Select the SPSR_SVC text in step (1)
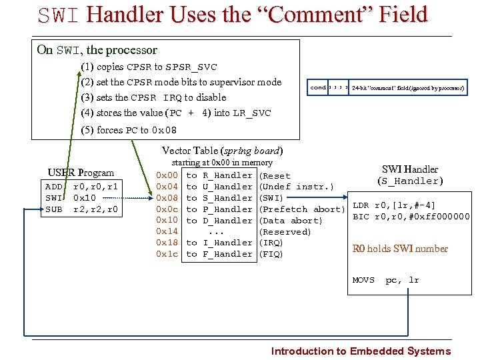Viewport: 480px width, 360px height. click(x=191, y=67)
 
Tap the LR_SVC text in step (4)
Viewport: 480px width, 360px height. click(x=252, y=113)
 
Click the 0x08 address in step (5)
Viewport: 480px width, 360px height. click(x=165, y=131)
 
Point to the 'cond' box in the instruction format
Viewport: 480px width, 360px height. click(x=318, y=87)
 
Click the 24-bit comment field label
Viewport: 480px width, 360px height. click(x=407, y=87)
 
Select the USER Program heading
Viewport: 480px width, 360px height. click(x=81, y=173)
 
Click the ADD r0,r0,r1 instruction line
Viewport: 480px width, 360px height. click(x=81, y=187)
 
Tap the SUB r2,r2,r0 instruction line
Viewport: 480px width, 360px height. click(x=81, y=209)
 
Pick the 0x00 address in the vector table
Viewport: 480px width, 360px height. click(x=166, y=175)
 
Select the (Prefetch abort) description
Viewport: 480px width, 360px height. click(x=301, y=209)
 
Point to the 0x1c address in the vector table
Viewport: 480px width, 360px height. click(x=166, y=254)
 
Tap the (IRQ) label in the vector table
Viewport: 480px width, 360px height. click(x=271, y=243)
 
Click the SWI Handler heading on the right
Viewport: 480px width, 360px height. click(x=409, y=169)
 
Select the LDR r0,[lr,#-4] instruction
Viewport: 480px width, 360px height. click(x=394, y=205)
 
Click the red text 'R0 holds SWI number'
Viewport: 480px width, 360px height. click(x=400, y=249)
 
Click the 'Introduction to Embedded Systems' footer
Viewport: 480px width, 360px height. click(x=361, y=351)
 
